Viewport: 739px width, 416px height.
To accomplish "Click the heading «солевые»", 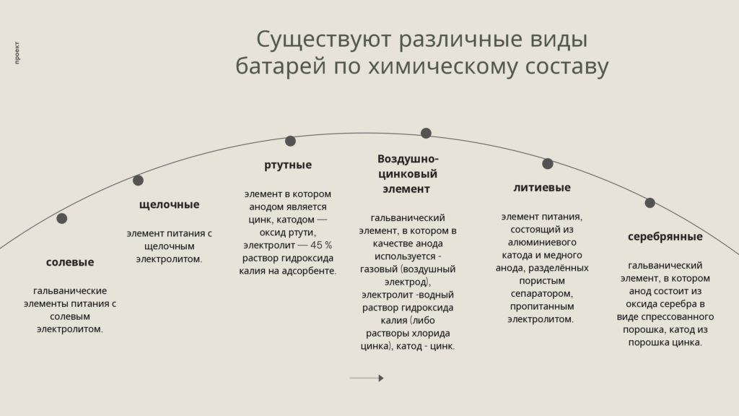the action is coord(70,262).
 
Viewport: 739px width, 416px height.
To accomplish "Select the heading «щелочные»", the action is coord(169,204).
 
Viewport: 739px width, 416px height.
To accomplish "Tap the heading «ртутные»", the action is coord(288,165).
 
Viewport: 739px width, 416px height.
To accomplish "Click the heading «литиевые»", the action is coord(542,187).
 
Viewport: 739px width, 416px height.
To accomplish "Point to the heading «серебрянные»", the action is coord(665,237).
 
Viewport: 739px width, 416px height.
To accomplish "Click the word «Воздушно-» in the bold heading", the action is coord(408,158).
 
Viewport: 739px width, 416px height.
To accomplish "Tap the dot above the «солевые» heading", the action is coord(62,218).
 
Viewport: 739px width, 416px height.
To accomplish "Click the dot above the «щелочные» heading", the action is coord(138,180).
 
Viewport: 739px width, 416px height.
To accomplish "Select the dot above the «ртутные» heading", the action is coord(290,141).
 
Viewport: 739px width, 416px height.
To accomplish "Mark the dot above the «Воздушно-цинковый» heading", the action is coord(426,134).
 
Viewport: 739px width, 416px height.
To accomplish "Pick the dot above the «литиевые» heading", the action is coord(548,164).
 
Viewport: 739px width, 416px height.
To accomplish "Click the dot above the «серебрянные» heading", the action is coord(650,203).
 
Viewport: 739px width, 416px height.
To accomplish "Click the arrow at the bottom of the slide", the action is coord(366,378).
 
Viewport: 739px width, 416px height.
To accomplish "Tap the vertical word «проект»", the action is coord(17,53).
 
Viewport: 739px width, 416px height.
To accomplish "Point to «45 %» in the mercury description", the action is coord(321,246).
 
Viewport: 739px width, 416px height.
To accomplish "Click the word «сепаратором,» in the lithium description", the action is coord(542,293).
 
